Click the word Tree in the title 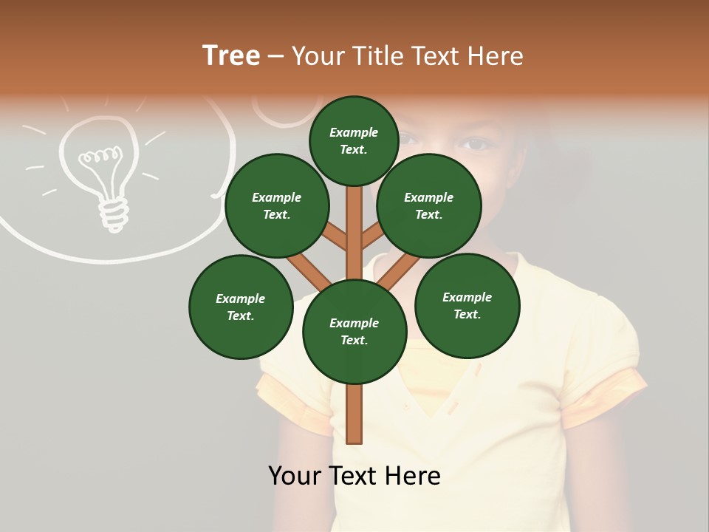231,56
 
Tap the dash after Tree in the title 275,57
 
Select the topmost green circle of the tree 354,141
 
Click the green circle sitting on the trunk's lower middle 354,332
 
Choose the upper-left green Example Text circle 277,206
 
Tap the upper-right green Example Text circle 429,206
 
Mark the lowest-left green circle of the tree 241,307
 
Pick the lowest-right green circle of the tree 467,305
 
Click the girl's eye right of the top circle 476,144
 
